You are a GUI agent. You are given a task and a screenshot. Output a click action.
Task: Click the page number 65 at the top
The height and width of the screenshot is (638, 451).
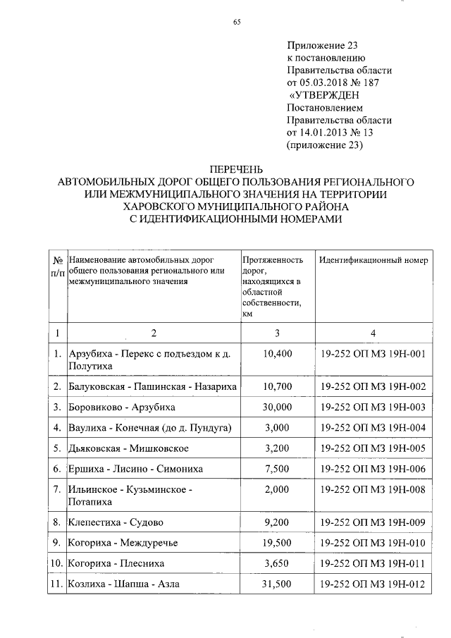(237, 22)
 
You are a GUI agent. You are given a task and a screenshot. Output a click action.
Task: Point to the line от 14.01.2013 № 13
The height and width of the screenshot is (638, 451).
(338, 133)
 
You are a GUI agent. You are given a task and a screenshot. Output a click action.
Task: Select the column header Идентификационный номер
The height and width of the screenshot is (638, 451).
(373, 260)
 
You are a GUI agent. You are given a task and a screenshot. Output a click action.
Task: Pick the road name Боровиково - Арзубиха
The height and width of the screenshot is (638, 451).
(121, 407)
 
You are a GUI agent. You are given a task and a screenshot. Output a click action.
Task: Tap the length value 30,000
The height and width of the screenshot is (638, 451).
(276, 407)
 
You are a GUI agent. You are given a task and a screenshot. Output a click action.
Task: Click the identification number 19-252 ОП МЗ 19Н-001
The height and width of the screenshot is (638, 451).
(373, 355)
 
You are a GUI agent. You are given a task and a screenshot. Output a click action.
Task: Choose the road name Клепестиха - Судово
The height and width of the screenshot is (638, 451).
(116, 522)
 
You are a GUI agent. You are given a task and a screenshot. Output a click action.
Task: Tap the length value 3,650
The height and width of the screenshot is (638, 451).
(276, 563)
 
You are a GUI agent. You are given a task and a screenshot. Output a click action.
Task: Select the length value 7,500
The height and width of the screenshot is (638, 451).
(276, 469)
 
